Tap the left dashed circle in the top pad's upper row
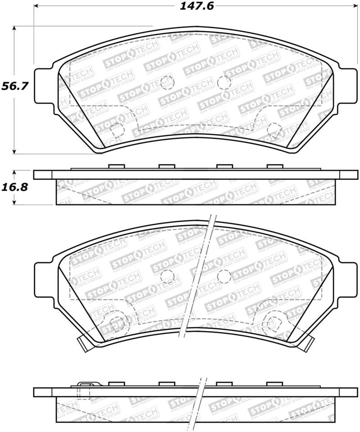click(x=167, y=82)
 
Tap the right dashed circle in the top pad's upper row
click(x=224, y=82)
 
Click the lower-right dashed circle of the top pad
click(x=273, y=130)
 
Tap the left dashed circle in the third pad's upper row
click(x=167, y=276)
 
